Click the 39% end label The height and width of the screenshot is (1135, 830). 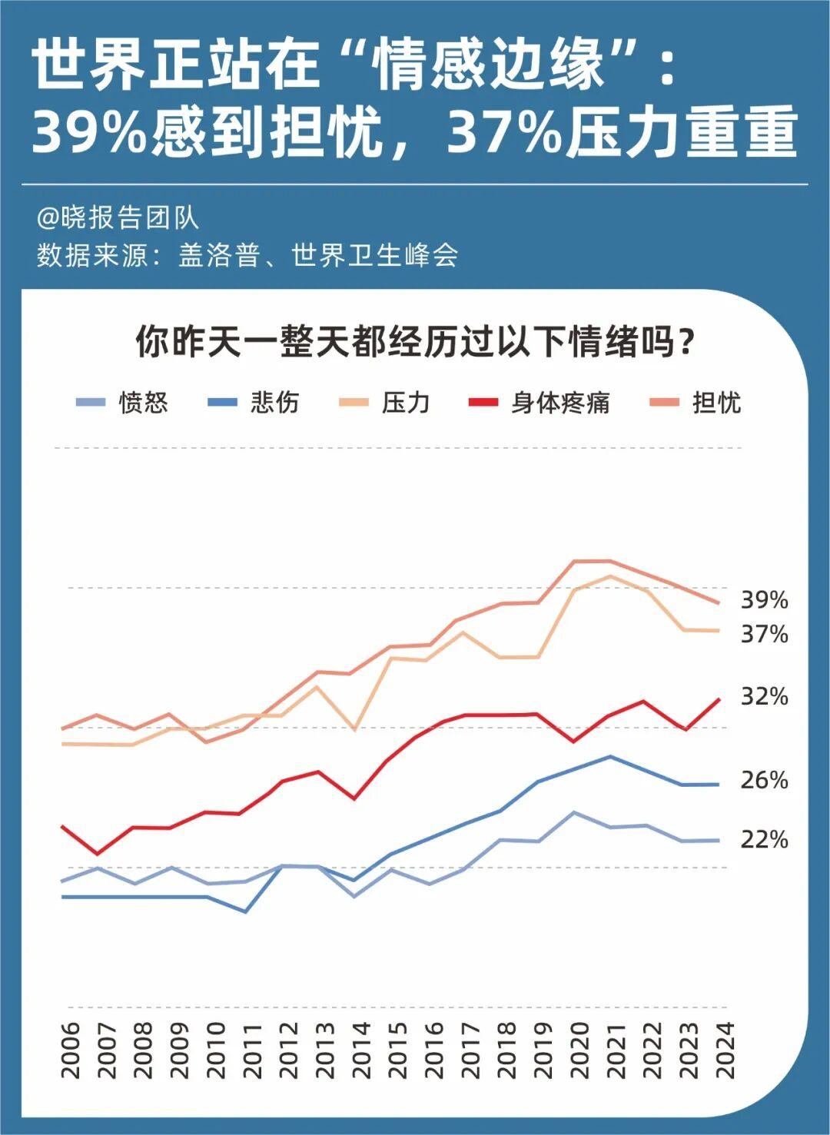(x=765, y=600)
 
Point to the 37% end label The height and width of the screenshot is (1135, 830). (x=765, y=634)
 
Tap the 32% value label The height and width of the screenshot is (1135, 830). (x=765, y=696)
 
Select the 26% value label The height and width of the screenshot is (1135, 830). (x=765, y=780)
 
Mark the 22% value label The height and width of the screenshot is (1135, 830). (x=765, y=840)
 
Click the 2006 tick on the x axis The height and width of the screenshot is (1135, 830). (x=70, y=1050)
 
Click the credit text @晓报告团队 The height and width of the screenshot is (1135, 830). (x=118, y=218)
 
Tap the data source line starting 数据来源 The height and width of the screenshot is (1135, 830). (x=247, y=255)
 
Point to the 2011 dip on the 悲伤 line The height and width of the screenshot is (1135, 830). (x=245, y=911)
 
